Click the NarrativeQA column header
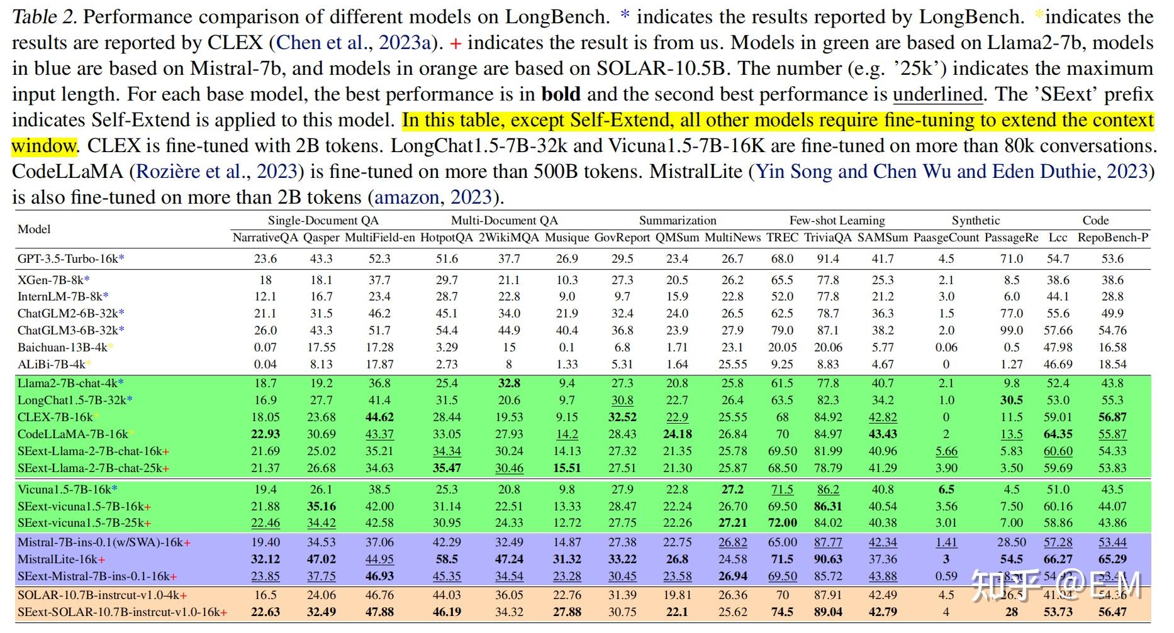tap(265, 238)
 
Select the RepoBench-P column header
tap(1112, 238)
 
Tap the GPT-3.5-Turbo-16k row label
tap(70, 258)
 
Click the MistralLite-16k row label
tap(61, 559)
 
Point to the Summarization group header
tap(678, 221)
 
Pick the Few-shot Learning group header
tap(837, 221)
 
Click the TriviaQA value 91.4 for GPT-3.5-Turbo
tap(828, 258)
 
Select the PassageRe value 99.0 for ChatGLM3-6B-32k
tap(1012, 330)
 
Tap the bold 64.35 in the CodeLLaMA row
tap(1058, 434)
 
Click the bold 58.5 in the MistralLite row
tap(447, 559)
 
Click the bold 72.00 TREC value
tap(782, 523)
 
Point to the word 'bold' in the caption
tap(561, 95)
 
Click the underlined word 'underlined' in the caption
tap(937, 95)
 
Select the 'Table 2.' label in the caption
tap(44, 17)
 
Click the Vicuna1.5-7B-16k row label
tap(67, 489)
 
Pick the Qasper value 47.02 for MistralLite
tap(321, 559)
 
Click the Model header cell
tap(34, 229)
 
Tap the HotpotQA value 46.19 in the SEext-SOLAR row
tap(447, 612)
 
